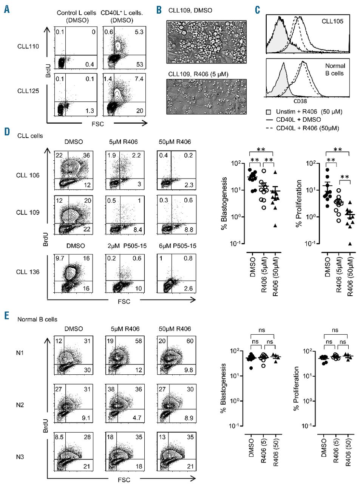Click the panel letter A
pos(7,9)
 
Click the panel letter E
pos(7,315)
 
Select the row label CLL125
pos(28,91)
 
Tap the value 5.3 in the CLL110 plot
pos(139,32)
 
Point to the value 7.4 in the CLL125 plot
pos(139,79)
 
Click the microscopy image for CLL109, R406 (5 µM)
pos(207,96)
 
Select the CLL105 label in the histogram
pos(332,21)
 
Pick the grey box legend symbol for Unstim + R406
pos(269,112)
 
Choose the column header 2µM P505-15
pos(124,246)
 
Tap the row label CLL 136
pos(28,272)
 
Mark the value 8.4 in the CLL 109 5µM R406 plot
pos(138,229)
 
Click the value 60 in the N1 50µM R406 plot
pos(190,341)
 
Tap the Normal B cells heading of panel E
pos(37,319)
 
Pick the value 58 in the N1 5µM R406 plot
pos(139,341)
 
